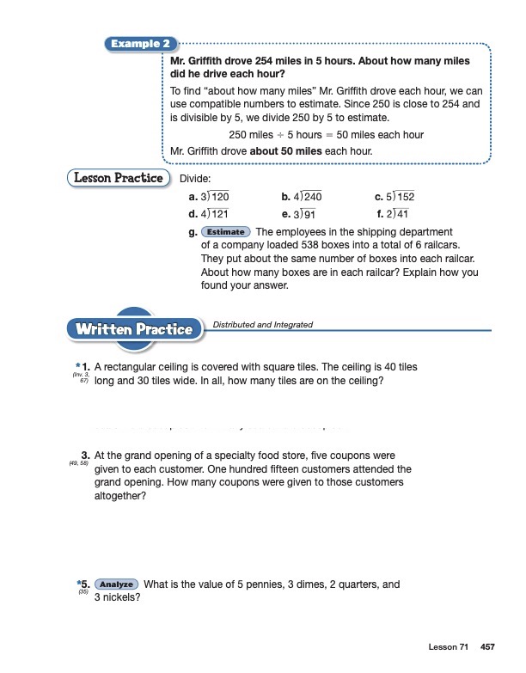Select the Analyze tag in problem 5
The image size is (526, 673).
click(x=115, y=584)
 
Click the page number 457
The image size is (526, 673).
click(x=487, y=646)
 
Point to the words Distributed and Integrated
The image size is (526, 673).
click(x=262, y=325)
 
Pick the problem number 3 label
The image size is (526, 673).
click(x=87, y=456)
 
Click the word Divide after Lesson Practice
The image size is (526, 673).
click(x=194, y=179)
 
